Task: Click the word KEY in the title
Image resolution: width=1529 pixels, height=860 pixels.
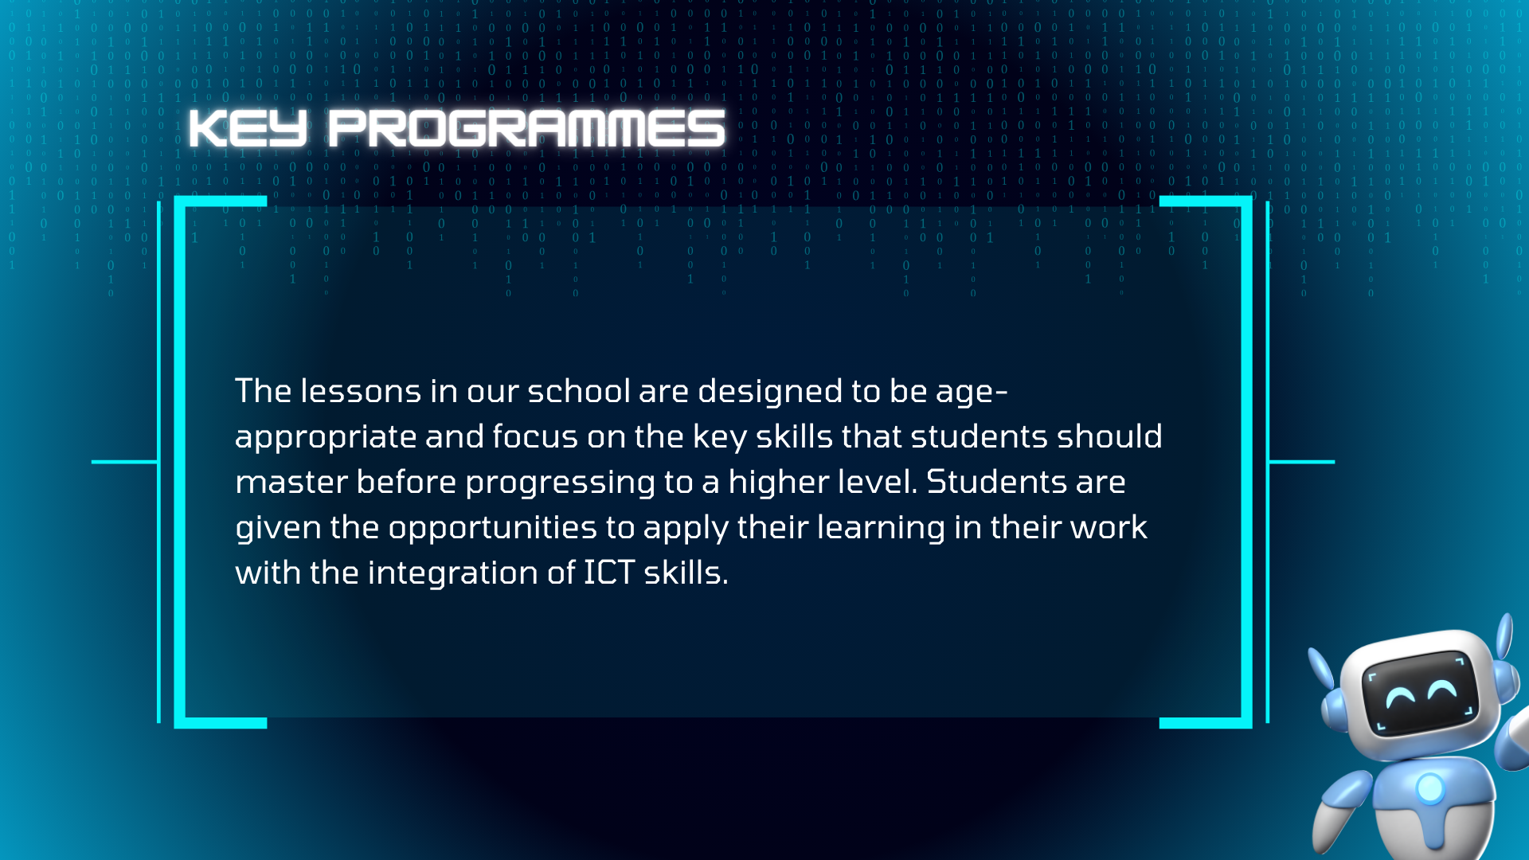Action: pos(248,128)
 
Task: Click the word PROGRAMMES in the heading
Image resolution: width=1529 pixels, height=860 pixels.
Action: pos(526,128)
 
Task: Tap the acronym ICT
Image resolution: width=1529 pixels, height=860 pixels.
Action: pos(609,573)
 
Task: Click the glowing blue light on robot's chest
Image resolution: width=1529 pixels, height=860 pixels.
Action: pos(1430,788)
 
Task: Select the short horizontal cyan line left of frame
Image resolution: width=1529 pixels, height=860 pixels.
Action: pos(125,462)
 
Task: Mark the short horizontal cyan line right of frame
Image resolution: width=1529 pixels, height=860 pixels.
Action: pos(1301,462)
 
